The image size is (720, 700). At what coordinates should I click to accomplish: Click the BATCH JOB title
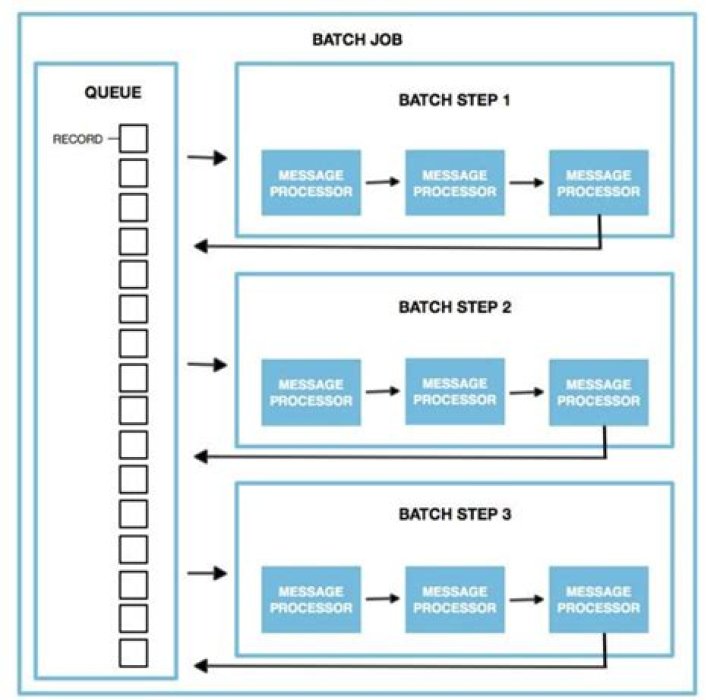[357, 42]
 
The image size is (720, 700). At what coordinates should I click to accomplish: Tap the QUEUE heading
[113, 93]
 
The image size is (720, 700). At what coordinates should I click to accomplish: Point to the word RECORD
[77, 139]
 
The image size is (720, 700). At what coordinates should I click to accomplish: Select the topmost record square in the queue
[133, 138]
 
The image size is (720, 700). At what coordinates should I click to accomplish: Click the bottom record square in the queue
[133, 652]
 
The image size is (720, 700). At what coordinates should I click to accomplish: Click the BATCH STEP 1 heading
[454, 101]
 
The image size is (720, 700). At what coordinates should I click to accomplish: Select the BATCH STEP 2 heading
[454, 308]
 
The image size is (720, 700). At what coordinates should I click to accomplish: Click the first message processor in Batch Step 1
[310, 183]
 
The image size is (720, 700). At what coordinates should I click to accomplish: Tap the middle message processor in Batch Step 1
[454, 183]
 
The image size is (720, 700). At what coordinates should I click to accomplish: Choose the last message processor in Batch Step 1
[598, 183]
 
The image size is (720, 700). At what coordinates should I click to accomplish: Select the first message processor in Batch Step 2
[310, 392]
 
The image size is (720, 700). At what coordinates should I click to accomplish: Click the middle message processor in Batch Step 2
[454, 391]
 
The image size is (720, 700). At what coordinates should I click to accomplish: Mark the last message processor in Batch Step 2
[598, 392]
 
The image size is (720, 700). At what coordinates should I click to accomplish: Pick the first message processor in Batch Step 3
[310, 599]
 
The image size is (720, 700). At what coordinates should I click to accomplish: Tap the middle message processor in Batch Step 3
[454, 599]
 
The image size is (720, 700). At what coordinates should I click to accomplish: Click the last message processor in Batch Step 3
[598, 599]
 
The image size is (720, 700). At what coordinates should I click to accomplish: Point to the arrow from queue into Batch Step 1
[207, 158]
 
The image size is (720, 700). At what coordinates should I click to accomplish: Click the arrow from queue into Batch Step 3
[207, 574]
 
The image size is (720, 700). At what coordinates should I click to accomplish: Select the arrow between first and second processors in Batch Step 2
[382, 392]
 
